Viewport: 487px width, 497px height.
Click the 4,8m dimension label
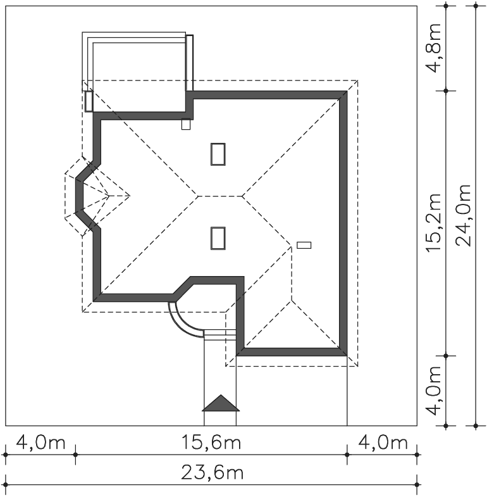[433, 48]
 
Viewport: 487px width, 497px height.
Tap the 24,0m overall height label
[463, 215]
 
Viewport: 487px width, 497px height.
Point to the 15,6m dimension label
[211, 442]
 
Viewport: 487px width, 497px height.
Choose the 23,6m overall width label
[212, 472]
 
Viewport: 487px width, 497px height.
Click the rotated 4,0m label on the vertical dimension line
[433, 391]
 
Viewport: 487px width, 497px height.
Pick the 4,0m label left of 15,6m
[40, 442]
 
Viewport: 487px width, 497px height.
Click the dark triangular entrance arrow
[221, 403]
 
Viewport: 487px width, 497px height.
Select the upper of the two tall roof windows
[218, 154]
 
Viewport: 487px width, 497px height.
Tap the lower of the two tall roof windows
[218, 238]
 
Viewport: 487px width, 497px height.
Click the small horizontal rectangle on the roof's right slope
[304, 245]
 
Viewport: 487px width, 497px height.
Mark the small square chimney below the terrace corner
[186, 124]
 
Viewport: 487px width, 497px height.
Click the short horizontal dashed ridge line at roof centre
[220, 196]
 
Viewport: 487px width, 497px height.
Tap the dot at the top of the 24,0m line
[476, 6]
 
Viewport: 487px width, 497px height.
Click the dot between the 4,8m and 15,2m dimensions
[446, 91]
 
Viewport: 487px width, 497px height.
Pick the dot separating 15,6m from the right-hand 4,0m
[347, 455]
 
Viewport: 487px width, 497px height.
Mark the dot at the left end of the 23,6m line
[6, 484]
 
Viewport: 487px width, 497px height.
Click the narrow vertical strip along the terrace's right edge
[189, 63]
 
